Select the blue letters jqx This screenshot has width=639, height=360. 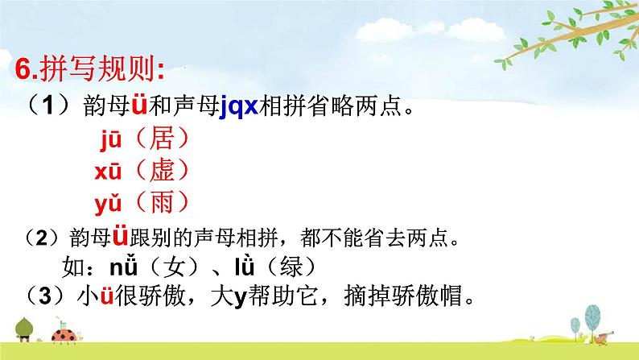pos(239,107)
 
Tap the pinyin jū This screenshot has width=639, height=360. pos(111,140)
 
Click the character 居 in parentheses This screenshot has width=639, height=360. pos(162,139)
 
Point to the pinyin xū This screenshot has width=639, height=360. pos(108,171)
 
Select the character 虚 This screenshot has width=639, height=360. pos(162,170)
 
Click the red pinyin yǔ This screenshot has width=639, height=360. pos(108,204)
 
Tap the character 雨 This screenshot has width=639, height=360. pos(162,202)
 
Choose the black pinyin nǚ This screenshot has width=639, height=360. pos(123,266)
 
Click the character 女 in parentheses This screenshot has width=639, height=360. pos(175,267)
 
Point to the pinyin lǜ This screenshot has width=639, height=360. pos(245,266)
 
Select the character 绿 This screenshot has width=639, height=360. pos(292,267)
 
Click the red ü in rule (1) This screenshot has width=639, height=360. pos(139,105)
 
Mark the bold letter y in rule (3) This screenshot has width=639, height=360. pos(241,298)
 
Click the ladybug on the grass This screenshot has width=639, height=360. pos(64,334)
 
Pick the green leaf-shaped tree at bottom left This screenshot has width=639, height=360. pos(23,329)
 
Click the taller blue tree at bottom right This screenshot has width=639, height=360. pos(592,317)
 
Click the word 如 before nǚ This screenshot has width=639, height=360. pos(73,267)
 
